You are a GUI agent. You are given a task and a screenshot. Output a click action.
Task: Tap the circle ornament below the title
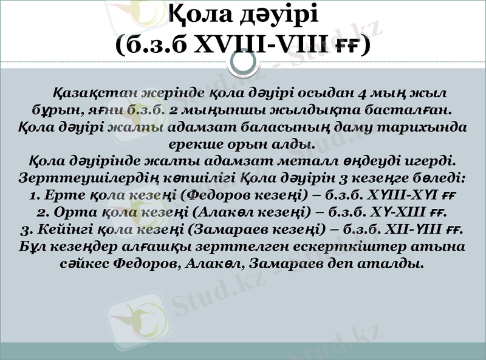point(243,63)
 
